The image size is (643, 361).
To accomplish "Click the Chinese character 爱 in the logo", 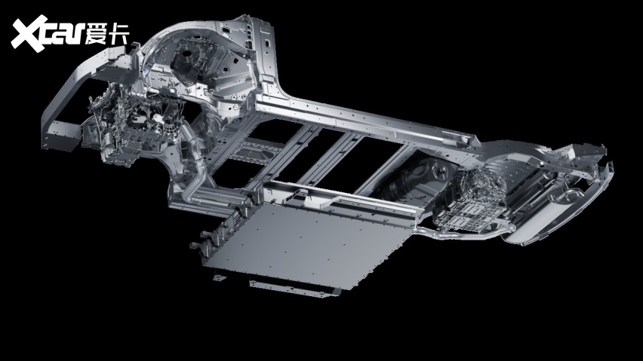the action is tap(97, 33).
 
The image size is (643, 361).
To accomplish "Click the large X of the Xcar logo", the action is tap(29, 34).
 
